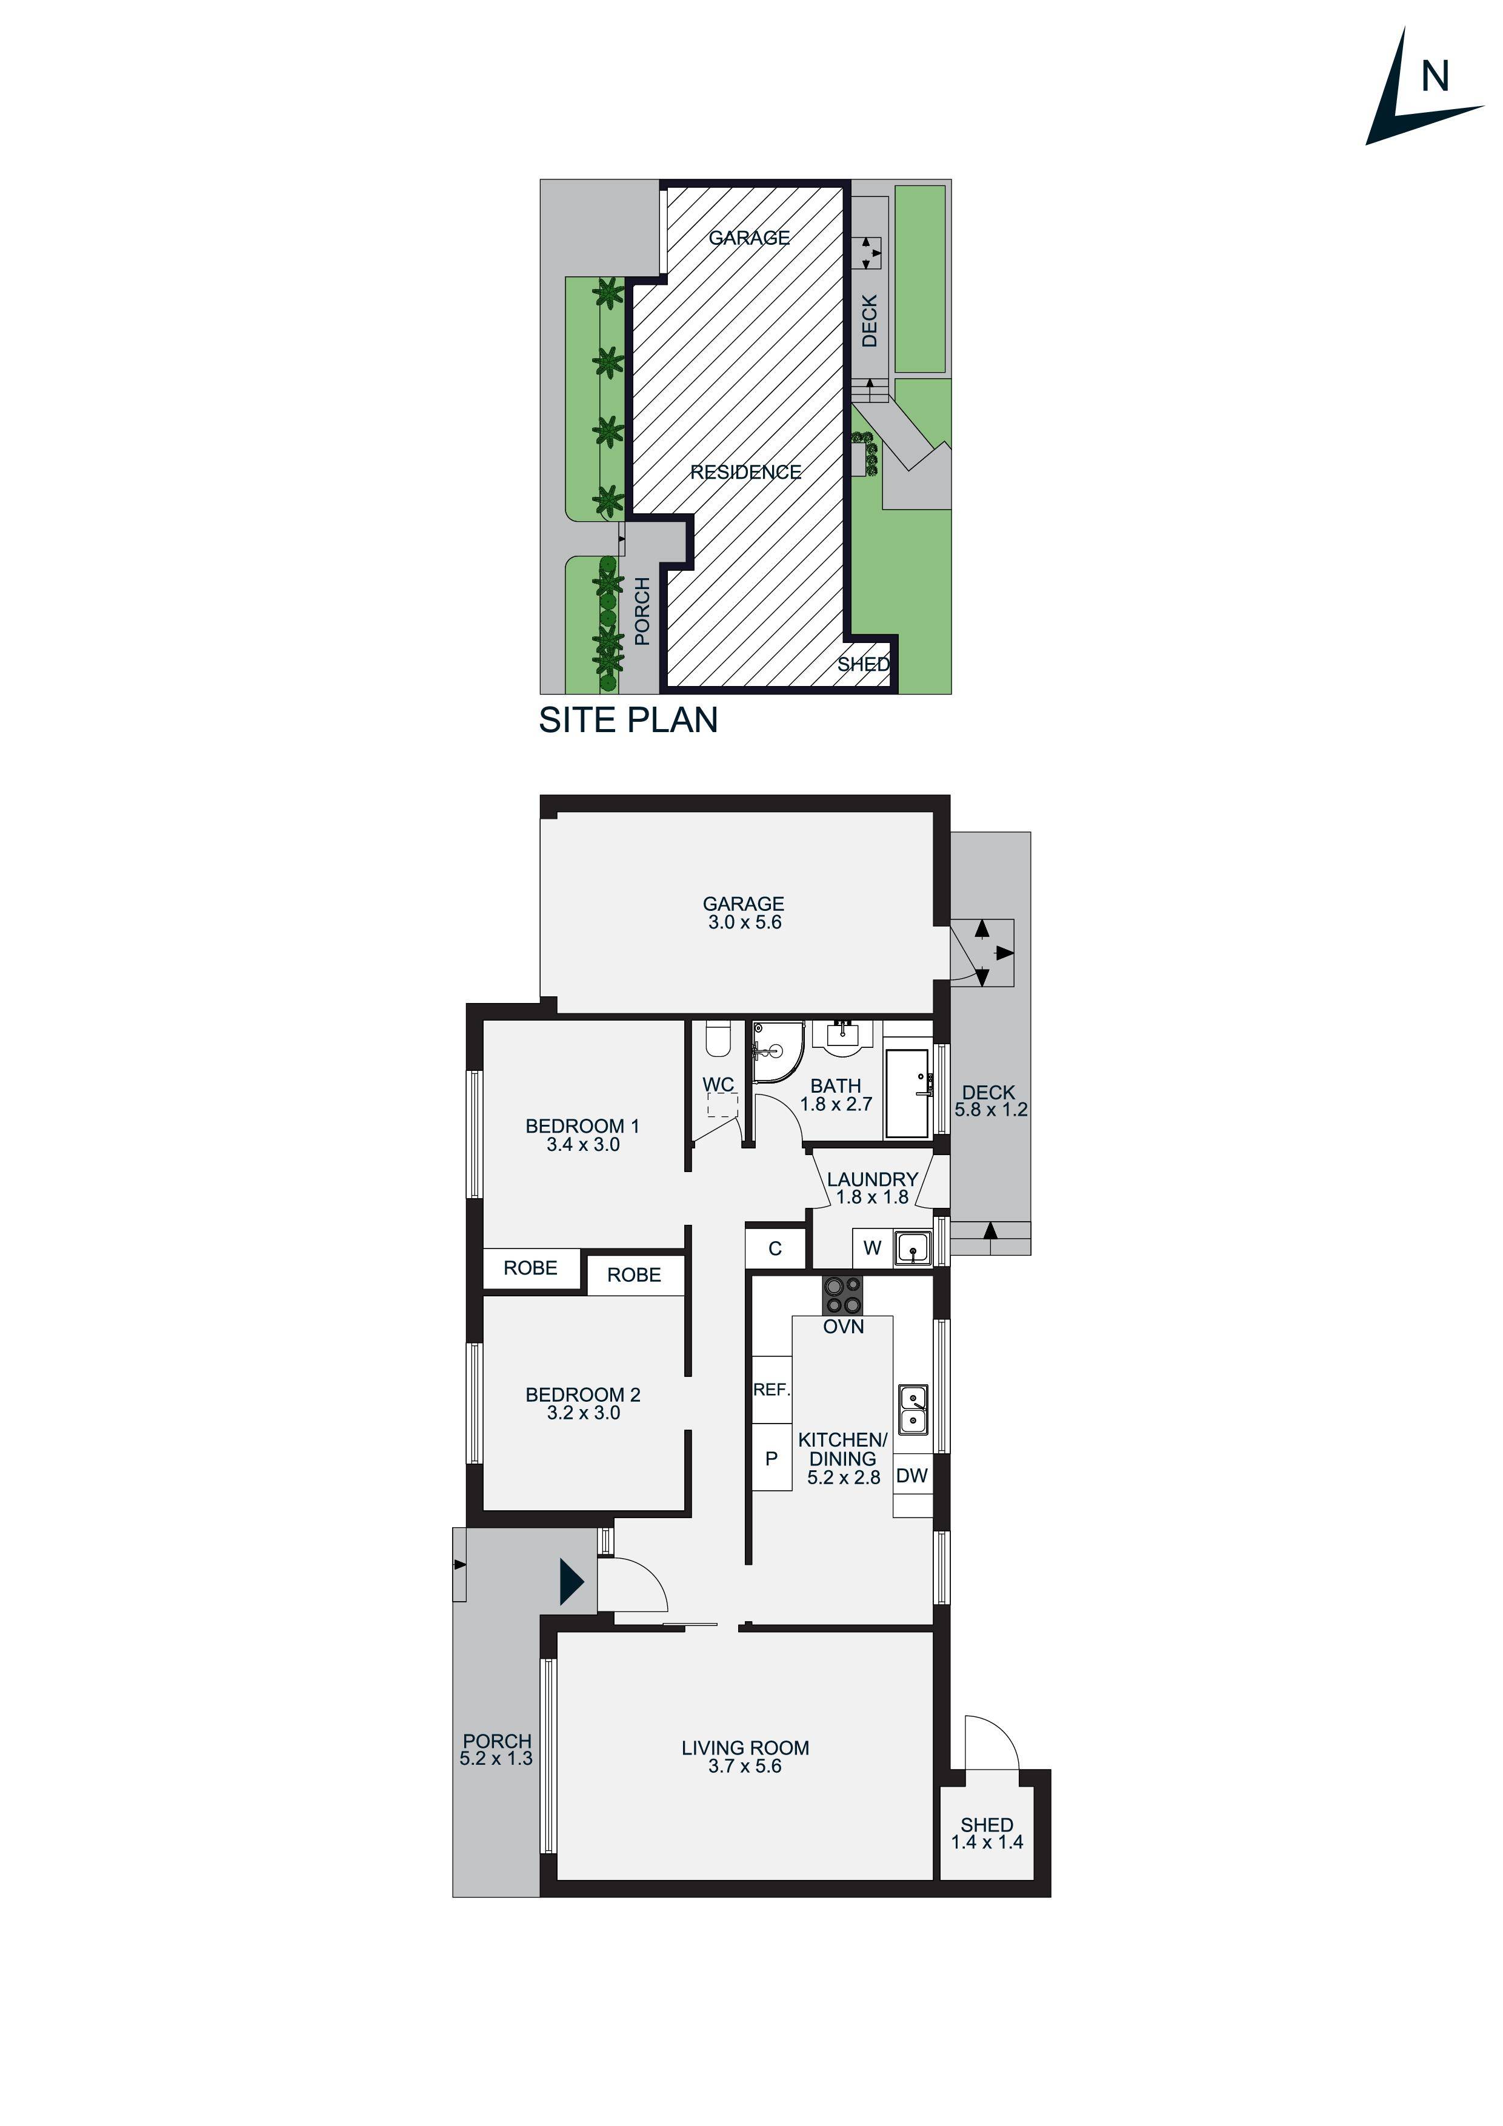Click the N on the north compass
1435,77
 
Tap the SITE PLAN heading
628,721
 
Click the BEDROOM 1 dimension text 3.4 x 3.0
582,1144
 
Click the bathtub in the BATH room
907,1093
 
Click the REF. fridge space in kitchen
770,1390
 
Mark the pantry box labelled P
770,1458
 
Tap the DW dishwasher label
911,1476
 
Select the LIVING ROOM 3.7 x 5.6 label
745,1756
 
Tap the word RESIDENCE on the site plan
745,472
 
